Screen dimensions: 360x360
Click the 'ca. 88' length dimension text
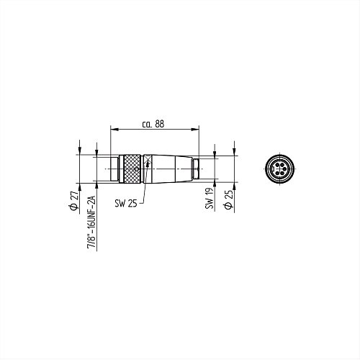(153, 124)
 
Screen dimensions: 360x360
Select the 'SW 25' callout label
(126, 204)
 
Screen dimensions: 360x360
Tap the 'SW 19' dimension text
(210, 198)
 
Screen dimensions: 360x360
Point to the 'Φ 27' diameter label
(74, 201)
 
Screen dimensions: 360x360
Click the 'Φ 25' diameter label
(228, 199)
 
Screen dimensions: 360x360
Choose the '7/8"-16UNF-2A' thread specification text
(91, 222)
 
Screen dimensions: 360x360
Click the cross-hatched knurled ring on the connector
(132, 169)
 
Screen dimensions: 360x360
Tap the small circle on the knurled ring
(137, 169)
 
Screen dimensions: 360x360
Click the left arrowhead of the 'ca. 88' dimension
(114, 130)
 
